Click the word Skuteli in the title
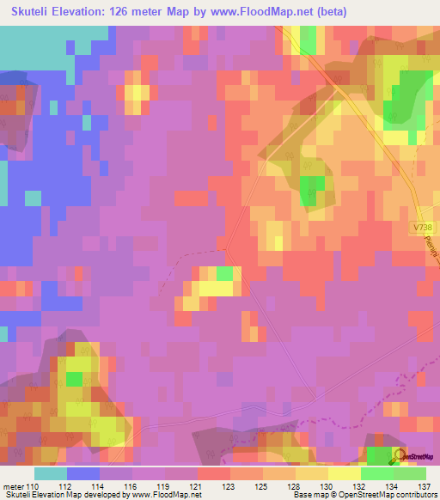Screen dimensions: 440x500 pyautogui.click(x=35, y=11)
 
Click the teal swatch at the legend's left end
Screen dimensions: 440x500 pyautogui.click(x=51, y=473)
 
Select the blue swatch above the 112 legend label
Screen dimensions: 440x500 pyautogui.click(x=83, y=473)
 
